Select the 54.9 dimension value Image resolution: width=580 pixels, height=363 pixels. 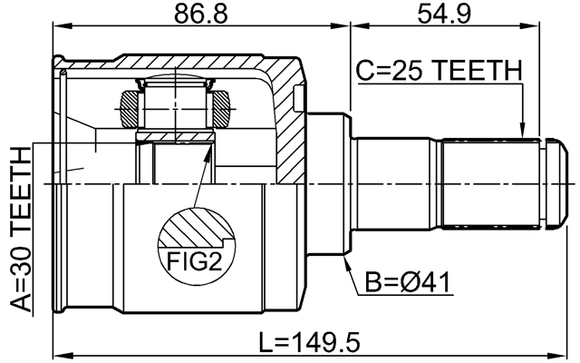coord(444,15)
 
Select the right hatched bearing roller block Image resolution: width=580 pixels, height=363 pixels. coord(221,109)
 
